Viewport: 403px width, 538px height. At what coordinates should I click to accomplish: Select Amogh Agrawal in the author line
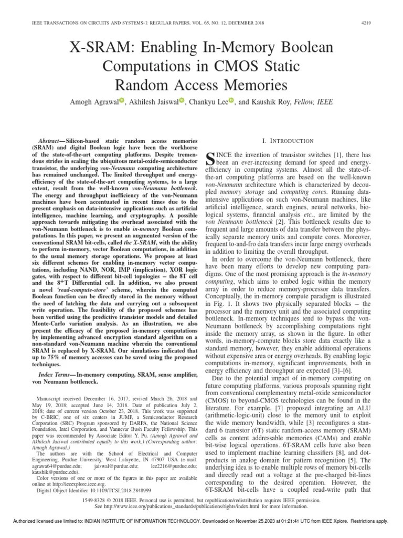[90, 102]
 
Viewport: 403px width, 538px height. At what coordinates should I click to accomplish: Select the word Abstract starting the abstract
[51, 142]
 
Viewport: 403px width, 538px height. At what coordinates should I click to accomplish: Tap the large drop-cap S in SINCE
[213, 157]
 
